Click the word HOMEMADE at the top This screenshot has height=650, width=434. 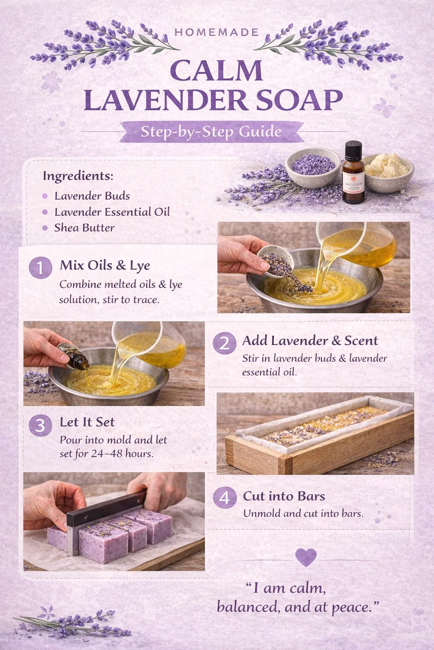click(x=217, y=32)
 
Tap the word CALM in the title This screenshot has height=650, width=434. click(x=217, y=71)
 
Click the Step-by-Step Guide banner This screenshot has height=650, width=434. click(x=211, y=132)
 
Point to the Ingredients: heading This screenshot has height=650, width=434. click(x=78, y=176)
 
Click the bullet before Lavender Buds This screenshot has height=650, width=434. click(x=45, y=196)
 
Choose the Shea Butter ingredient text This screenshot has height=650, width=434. click(x=84, y=228)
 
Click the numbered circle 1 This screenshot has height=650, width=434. click(x=40, y=267)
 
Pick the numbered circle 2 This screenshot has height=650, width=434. click(x=224, y=343)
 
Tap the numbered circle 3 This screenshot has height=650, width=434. click(x=40, y=425)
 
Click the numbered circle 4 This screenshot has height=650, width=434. click(x=225, y=497)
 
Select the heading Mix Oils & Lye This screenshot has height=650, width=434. click(x=105, y=266)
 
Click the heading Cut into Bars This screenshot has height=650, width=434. click(x=284, y=496)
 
